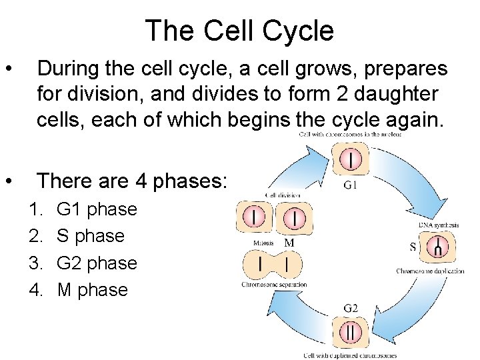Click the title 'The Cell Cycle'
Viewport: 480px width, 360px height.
[239, 31]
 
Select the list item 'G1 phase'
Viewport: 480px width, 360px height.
[97, 209]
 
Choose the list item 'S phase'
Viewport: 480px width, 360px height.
[91, 235]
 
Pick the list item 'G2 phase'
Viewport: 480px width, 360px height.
[97, 263]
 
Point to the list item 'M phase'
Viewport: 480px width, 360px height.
[92, 289]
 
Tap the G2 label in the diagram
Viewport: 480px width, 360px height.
[351, 308]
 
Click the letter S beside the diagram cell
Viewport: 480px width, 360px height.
[413, 247]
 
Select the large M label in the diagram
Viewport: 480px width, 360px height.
[289, 243]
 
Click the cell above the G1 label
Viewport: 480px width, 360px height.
[351, 160]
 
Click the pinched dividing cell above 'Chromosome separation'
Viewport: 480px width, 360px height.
[273, 265]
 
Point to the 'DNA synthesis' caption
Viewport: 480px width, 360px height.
[438, 225]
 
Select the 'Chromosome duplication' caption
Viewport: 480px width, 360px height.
[430, 271]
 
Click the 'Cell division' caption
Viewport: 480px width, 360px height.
[283, 195]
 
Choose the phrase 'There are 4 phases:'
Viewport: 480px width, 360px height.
[132, 181]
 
